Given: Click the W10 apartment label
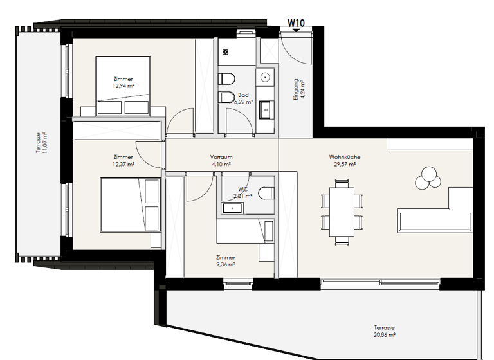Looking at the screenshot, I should tap(295, 22).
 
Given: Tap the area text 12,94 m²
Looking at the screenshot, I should tap(123, 85).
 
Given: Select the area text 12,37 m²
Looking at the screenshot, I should tap(123, 164).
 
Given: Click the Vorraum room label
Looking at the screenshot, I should tap(221, 157).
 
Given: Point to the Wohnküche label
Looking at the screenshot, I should tap(344, 157).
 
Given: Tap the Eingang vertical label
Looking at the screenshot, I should tap(296, 90).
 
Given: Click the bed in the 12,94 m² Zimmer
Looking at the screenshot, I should tap(123, 87).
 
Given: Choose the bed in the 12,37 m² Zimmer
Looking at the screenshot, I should tap(129, 206).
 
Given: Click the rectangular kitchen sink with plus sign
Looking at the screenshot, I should tap(265, 111).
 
